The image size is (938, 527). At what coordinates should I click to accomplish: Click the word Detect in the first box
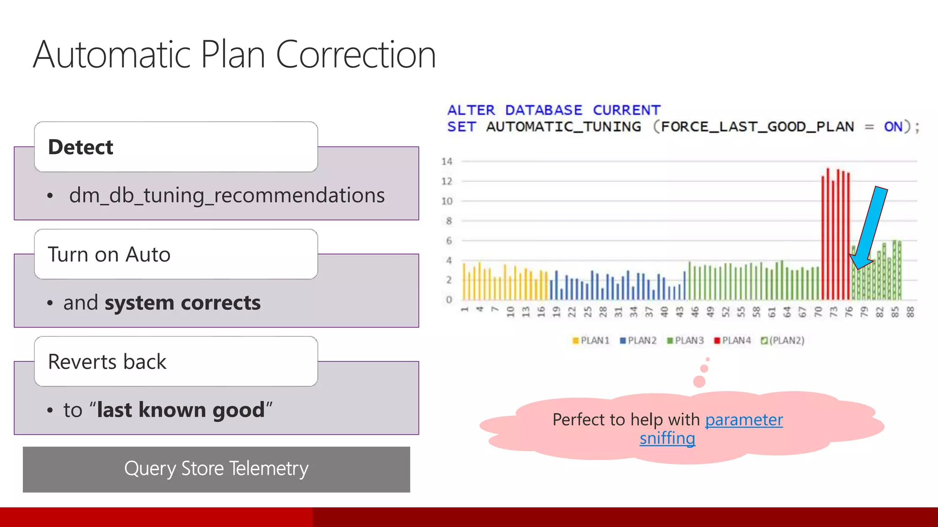(81, 147)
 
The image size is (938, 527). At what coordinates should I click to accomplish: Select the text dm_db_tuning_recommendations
(227, 195)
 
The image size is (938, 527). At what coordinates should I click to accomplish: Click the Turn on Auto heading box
(176, 254)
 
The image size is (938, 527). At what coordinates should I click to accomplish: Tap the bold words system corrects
(182, 303)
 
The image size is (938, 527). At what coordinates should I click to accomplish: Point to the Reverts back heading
(107, 362)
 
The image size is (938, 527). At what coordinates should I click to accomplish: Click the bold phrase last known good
(181, 410)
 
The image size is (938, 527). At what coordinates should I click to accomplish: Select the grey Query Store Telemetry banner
(216, 469)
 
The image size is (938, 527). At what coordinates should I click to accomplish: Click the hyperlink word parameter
(744, 419)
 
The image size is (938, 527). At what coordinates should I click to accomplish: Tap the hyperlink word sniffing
(667, 438)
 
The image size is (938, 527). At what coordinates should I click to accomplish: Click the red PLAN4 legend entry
(732, 340)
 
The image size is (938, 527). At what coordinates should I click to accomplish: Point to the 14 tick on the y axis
(447, 161)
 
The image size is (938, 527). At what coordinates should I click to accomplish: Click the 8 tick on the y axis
(449, 221)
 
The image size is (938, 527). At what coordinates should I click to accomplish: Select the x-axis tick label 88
(911, 312)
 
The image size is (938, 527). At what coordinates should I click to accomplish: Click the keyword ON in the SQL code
(893, 127)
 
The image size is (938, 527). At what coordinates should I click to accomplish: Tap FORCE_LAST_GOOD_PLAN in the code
(757, 127)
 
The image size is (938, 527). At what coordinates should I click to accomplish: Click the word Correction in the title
(355, 55)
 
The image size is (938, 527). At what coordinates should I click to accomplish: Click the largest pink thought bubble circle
(699, 382)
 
